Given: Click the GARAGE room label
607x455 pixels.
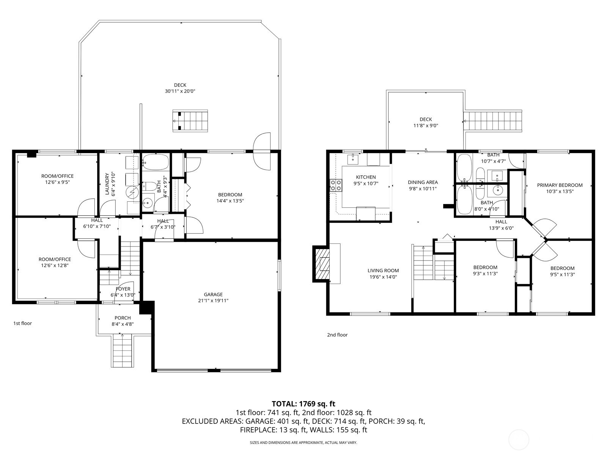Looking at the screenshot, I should click(213, 294).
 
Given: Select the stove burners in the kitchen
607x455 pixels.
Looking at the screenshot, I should click(335, 185).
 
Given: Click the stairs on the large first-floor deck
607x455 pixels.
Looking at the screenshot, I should click(191, 121).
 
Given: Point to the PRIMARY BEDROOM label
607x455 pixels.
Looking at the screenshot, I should click(560, 185).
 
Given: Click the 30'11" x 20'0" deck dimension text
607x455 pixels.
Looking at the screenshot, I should click(180, 91).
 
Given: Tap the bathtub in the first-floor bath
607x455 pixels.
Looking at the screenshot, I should click(156, 162).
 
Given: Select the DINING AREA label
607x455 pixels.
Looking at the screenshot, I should click(423, 182).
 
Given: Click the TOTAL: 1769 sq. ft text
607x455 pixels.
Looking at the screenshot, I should click(303, 404).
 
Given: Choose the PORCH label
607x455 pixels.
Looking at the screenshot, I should click(123, 318).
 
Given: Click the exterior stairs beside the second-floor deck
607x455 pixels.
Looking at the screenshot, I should click(493, 121).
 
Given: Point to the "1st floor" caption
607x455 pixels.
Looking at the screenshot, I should click(22, 323).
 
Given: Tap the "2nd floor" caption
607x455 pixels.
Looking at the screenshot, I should click(337, 335).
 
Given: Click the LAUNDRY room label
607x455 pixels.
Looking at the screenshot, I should click(107, 184).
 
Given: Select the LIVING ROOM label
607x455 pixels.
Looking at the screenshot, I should click(383, 270).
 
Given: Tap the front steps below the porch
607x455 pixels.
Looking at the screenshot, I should click(123, 351).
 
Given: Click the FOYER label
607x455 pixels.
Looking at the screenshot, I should click(123, 289).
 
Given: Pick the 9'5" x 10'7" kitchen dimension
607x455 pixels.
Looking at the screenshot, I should click(366, 183).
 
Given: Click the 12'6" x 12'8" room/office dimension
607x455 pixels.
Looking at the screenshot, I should click(55, 265).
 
